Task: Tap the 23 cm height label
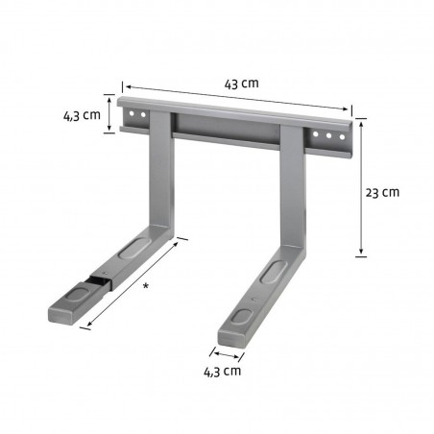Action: click(x=384, y=191)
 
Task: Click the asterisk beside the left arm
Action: click(x=144, y=286)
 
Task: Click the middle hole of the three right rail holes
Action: click(x=328, y=136)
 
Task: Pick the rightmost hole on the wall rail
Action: click(x=339, y=138)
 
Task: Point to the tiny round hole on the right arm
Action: click(x=252, y=300)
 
